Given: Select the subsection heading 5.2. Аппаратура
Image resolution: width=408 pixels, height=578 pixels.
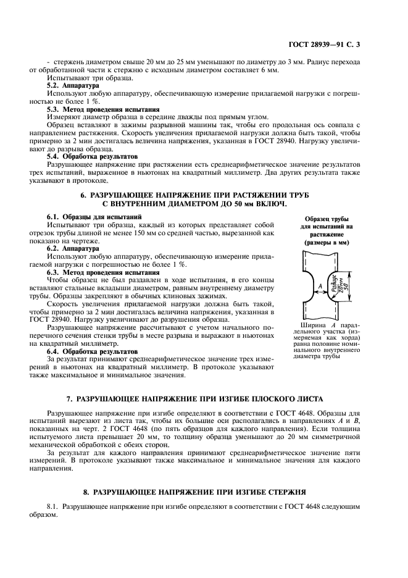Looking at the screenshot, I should click(x=73, y=86).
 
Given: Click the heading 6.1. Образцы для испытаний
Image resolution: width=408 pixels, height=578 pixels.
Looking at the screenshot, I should click(x=94, y=217).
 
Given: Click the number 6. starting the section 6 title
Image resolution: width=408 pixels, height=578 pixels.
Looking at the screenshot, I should click(x=85, y=195).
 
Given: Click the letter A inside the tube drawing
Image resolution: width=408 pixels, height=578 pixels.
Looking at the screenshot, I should click(x=320, y=286).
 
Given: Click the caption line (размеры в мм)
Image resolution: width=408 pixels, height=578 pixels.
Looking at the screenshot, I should click(x=327, y=243).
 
